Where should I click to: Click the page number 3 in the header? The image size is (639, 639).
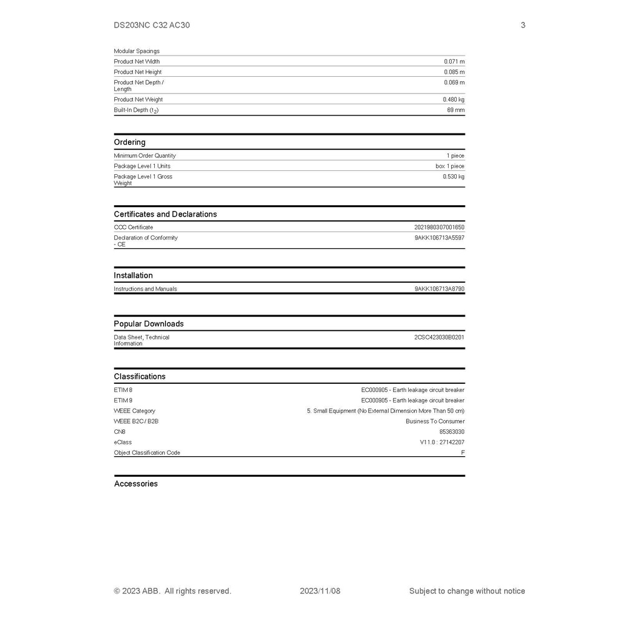(x=523, y=26)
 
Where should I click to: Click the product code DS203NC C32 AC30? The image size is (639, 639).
(x=152, y=26)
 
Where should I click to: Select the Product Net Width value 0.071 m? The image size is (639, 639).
(x=454, y=62)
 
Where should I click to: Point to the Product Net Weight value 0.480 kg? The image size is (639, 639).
(x=454, y=100)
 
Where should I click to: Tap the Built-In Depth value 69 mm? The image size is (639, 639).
(x=456, y=110)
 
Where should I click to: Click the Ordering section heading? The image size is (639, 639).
(x=130, y=142)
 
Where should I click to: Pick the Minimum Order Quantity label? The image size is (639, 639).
(x=145, y=156)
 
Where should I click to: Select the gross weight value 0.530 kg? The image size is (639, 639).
(x=454, y=177)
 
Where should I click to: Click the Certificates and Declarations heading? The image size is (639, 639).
(x=165, y=214)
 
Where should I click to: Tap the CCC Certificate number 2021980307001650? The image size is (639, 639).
(x=439, y=228)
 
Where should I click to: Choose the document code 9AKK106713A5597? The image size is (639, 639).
(x=439, y=238)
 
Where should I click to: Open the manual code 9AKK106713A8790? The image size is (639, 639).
(x=439, y=289)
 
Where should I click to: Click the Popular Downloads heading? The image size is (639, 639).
(x=149, y=324)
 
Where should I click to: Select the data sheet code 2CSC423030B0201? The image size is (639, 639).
(x=439, y=338)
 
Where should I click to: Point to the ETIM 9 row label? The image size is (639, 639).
(x=123, y=401)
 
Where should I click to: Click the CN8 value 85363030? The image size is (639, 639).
(x=452, y=432)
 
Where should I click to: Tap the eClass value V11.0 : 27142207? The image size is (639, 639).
(x=442, y=442)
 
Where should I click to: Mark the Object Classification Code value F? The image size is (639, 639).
(x=462, y=453)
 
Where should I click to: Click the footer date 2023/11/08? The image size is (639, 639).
(x=320, y=591)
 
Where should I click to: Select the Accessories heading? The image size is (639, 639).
(x=136, y=484)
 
